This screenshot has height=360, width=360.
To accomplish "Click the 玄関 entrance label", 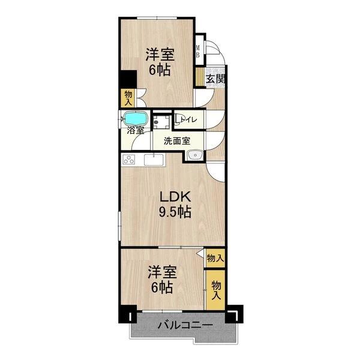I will tap(216, 79).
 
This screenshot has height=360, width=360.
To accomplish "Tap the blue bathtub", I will tap(136, 118).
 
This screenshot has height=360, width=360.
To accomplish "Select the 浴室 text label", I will tap(135, 130).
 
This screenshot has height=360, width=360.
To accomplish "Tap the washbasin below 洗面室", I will tap(194, 157).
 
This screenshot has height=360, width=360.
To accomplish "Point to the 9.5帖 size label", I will tap(175, 212).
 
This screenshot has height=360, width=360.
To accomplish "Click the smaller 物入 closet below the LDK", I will tap(215, 258).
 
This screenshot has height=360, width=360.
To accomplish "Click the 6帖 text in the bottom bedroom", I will tap(163, 288).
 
